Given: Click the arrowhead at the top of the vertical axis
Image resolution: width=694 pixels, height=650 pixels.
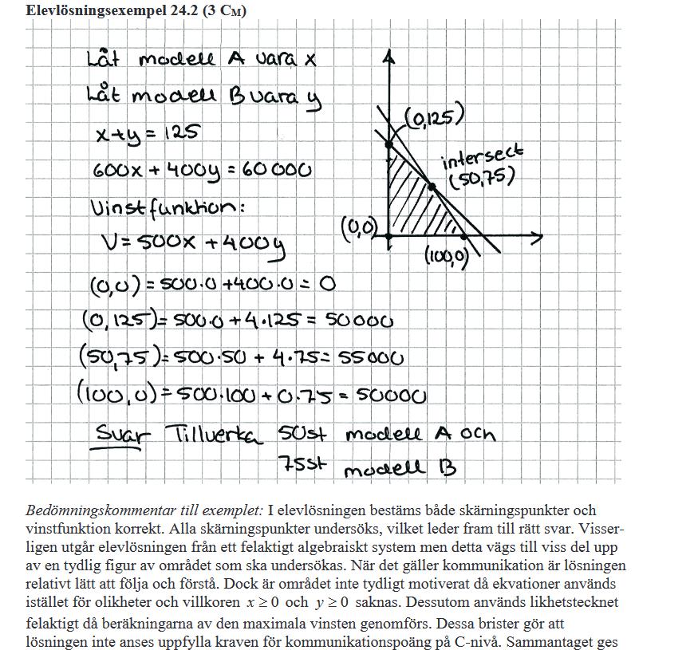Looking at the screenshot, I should (388, 57).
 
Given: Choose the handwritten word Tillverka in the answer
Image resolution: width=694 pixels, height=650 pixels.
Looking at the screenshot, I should (215, 435).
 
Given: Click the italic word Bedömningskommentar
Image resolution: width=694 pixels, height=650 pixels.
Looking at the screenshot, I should (99, 510).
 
